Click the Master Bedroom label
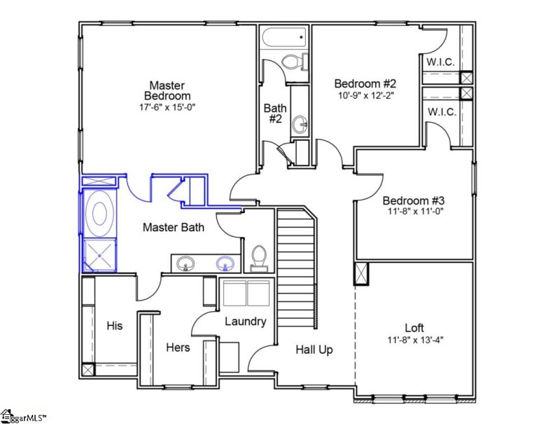[x=167, y=90]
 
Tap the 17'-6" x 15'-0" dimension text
[x=167, y=108]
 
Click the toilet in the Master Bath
[x=259, y=258]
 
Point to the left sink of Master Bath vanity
[x=185, y=264]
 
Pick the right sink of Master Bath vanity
[x=225, y=264]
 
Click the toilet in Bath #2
[x=293, y=62]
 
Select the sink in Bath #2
[x=299, y=125]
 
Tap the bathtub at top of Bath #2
[x=283, y=37]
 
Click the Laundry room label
[x=245, y=322]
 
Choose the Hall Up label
[x=314, y=350]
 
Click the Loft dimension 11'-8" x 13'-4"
[x=414, y=340]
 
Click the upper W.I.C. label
[x=441, y=62]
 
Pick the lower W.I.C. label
[x=442, y=112]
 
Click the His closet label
[x=114, y=326]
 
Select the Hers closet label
[x=178, y=348]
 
